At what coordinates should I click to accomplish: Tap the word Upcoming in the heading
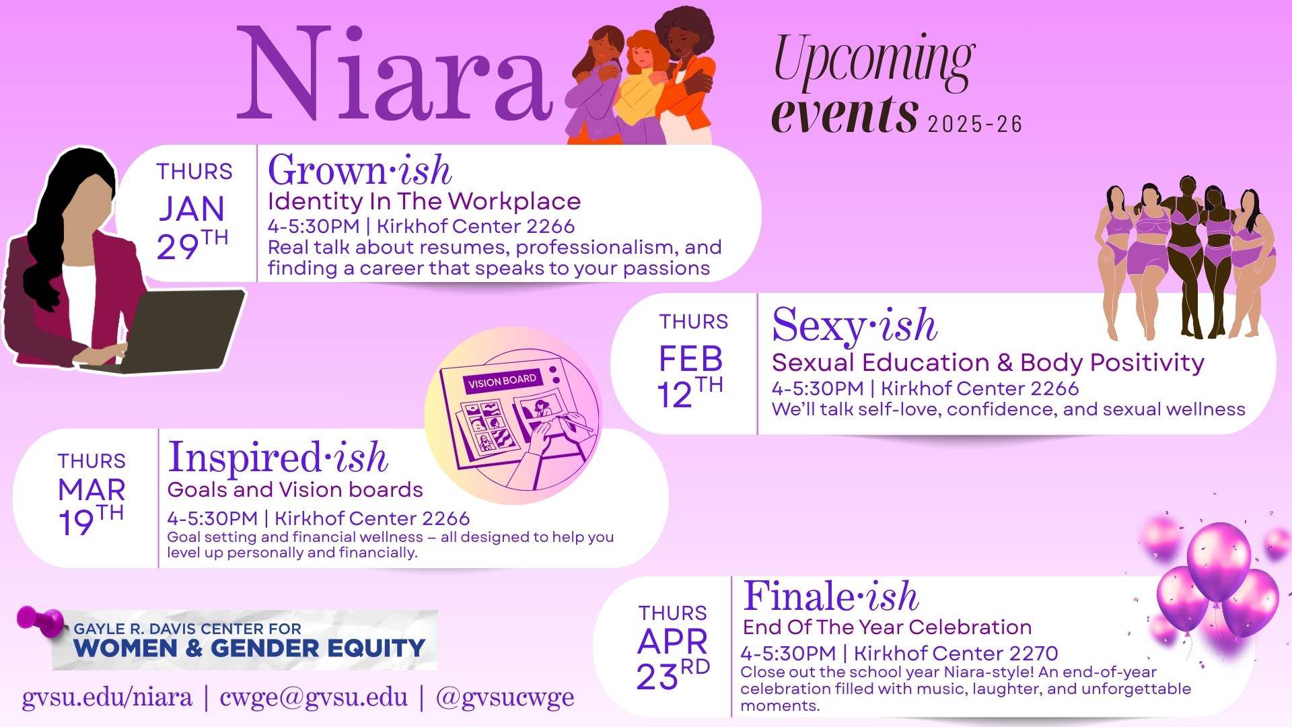coord(873,62)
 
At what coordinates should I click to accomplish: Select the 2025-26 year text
coord(974,125)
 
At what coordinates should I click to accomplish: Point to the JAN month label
coord(192,209)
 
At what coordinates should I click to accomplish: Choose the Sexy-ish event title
coord(854,325)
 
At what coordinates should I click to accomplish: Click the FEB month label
coord(690,359)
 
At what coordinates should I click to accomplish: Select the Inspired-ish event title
coord(278,458)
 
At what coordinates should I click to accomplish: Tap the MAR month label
coord(92,490)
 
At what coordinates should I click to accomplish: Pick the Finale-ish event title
coord(830,596)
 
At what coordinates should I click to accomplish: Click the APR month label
coord(672,642)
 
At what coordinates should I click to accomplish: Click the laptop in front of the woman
coord(182,330)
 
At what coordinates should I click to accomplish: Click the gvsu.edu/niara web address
coord(107,697)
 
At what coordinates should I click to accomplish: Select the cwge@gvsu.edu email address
coord(314,697)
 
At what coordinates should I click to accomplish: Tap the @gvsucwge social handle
coord(505,697)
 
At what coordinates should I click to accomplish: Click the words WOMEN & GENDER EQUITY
coord(249,648)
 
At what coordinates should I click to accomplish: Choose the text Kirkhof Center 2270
coord(956,653)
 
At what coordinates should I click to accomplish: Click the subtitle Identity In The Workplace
coord(424,201)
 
